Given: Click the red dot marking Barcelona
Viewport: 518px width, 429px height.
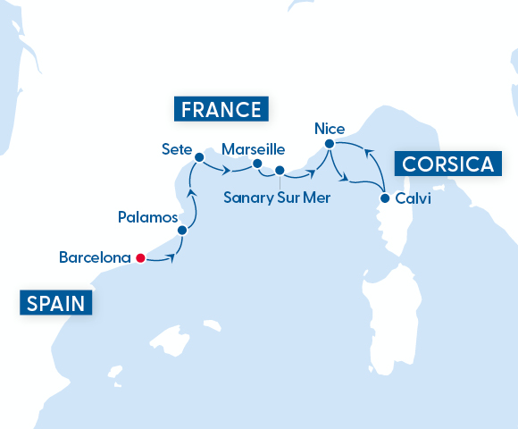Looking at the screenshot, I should [139, 258].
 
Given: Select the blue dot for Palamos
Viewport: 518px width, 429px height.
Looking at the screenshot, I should [182, 230].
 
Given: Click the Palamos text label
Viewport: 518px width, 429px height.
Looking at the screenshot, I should [147, 217].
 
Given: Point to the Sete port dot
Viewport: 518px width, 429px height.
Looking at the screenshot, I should [199, 157].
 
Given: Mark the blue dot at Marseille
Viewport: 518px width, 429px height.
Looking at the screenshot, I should [257, 164].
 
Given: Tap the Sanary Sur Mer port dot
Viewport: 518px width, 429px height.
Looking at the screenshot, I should [280, 170].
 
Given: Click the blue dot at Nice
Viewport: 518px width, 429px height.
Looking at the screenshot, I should [329, 144].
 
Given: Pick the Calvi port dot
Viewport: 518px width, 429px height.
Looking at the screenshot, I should [384, 198].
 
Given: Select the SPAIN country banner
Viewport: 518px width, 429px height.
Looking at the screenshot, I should [56, 304].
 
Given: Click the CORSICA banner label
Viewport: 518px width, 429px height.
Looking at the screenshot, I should [447, 164].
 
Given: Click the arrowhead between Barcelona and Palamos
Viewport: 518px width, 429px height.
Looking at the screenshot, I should [170, 259].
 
